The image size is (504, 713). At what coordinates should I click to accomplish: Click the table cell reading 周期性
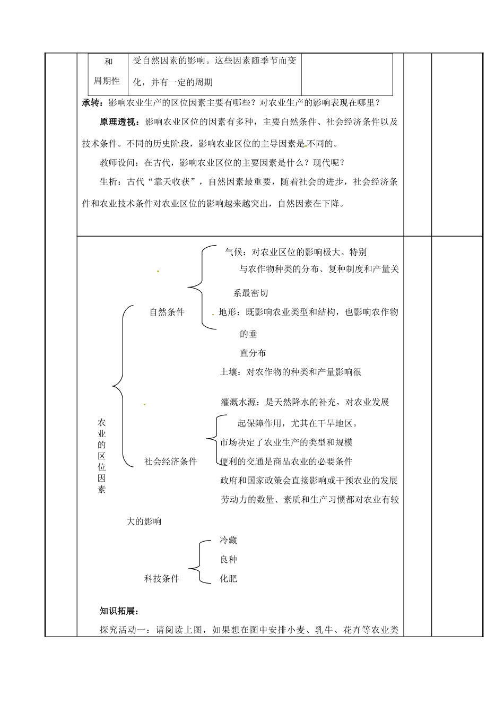click(107, 81)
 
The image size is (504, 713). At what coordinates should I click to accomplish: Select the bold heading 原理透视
click(117, 122)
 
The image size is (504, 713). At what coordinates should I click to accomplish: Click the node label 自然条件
click(167, 312)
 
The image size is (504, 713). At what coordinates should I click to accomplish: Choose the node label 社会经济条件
click(170, 462)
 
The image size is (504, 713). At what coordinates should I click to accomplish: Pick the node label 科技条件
click(162, 578)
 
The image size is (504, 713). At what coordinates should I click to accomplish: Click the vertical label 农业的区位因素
click(102, 456)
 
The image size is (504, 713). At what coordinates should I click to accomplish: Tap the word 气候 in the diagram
click(234, 252)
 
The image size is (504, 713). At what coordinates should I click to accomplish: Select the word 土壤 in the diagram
click(229, 372)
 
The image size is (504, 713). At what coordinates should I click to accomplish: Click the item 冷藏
click(228, 541)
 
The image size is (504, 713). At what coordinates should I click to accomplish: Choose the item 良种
click(228, 560)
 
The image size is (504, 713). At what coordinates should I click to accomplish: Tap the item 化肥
click(228, 578)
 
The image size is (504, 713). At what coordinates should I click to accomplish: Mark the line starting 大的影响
click(144, 521)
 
